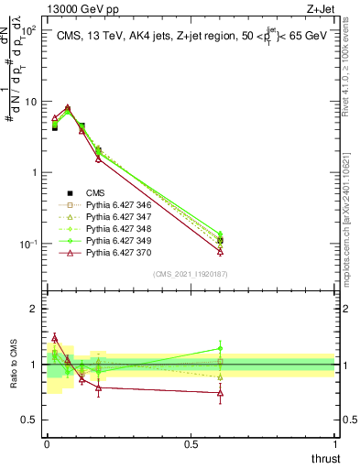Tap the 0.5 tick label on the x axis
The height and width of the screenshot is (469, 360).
pos(191,443)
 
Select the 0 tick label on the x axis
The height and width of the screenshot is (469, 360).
pos(47,443)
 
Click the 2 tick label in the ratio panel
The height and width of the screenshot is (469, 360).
pos(33,309)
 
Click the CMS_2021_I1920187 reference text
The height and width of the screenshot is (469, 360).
pos(190,274)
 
